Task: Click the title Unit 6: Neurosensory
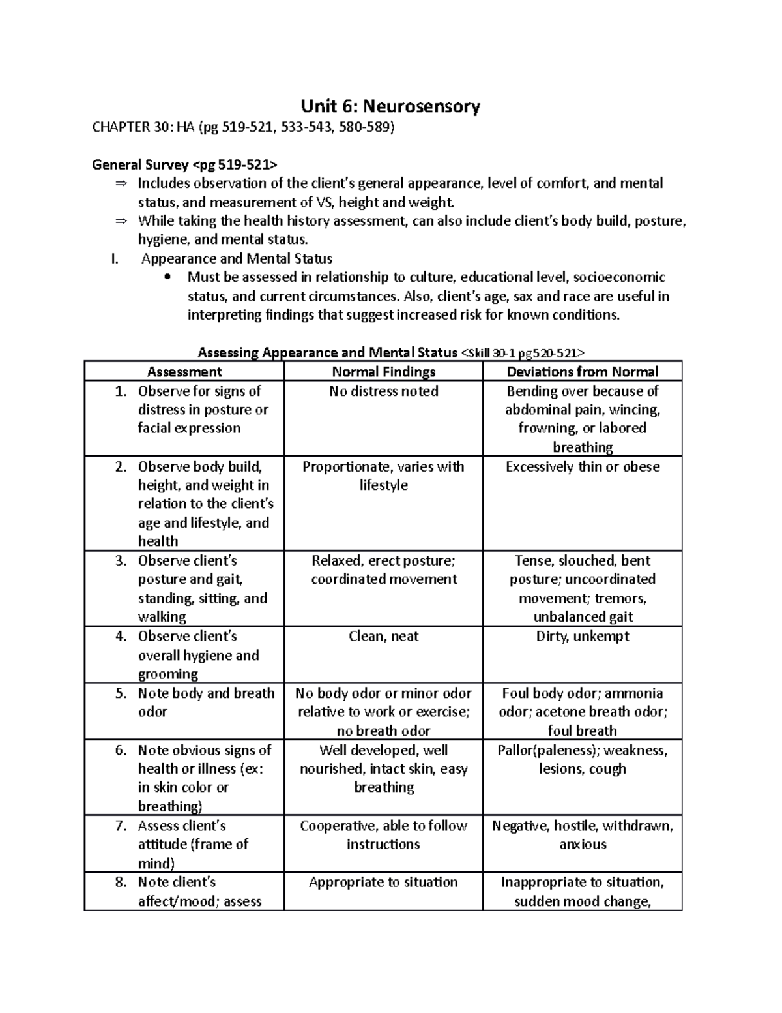click(390, 106)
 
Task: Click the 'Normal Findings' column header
click(383, 372)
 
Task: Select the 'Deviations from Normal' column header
click(583, 372)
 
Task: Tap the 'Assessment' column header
click(184, 372)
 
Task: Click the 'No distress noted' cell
click(383, 391)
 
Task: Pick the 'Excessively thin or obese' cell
click(583, 467)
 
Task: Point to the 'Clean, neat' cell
click(383, 637)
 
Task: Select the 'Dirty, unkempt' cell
click(583, 637)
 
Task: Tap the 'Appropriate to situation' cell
click(383, 883)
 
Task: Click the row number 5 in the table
click(121, 693)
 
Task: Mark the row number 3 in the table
click(121, 561)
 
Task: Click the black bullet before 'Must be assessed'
click(167, 277)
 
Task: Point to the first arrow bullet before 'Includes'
click(121, 183)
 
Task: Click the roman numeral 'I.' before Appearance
click(115, 258)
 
